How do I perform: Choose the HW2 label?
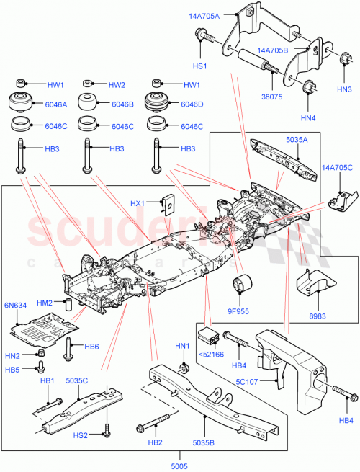point(117,84)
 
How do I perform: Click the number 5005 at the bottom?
point(179,467)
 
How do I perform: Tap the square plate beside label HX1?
point(169,205)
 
